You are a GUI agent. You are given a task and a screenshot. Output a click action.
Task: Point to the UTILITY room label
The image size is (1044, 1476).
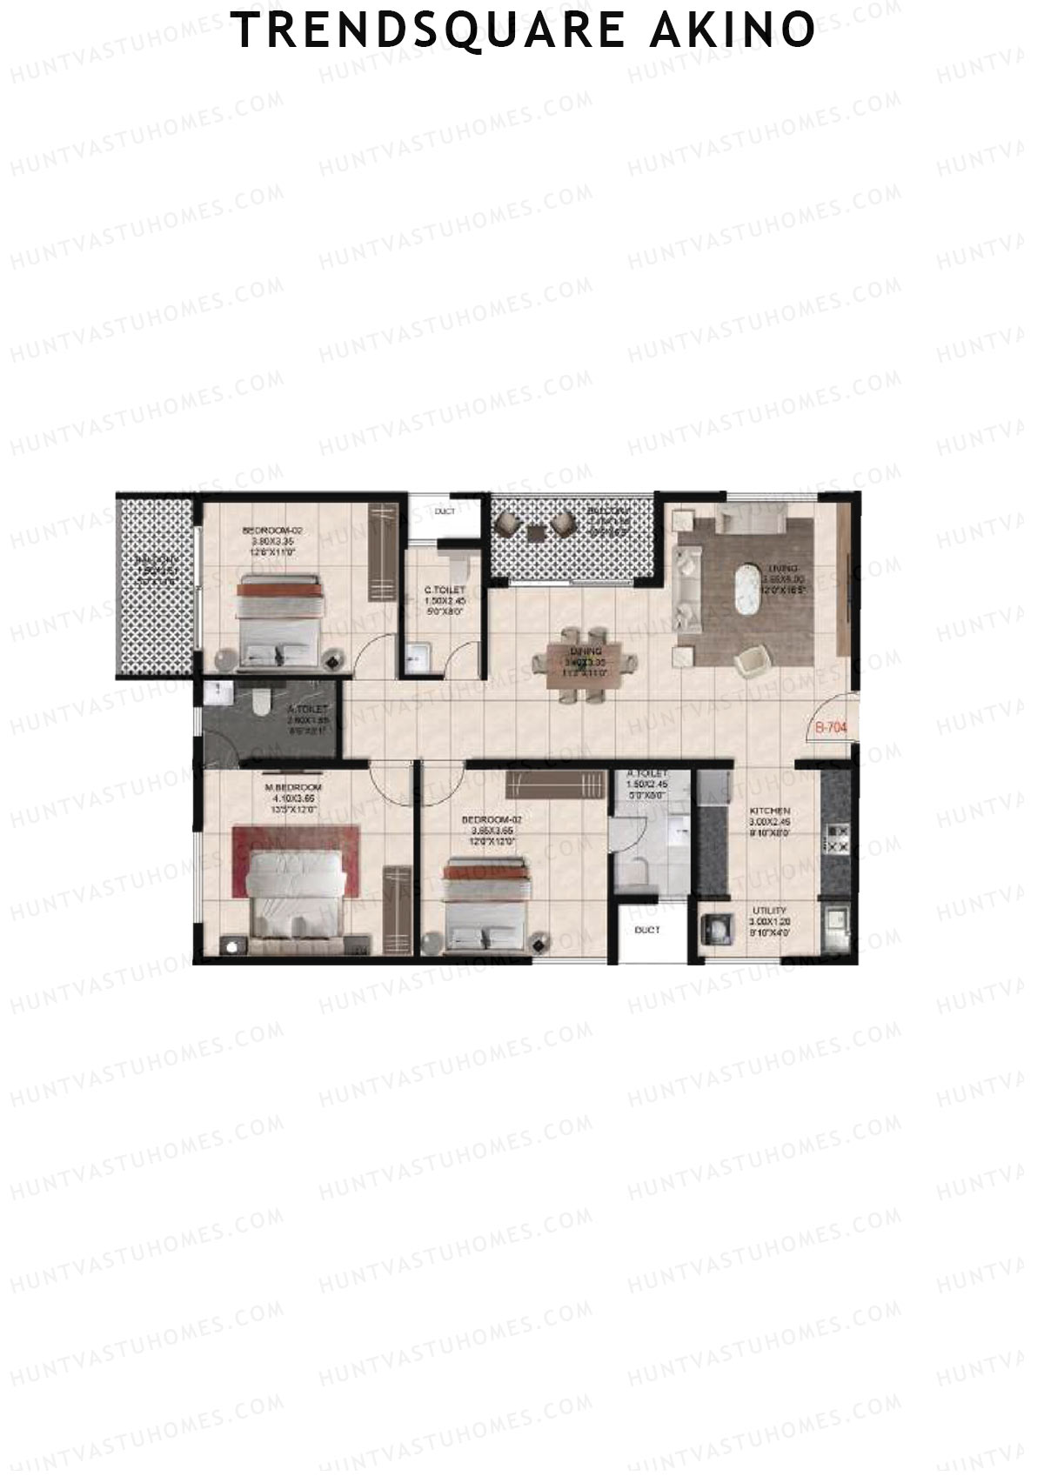tap(769, 911)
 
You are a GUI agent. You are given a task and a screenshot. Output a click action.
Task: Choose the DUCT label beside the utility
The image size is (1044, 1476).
tap(647, 930)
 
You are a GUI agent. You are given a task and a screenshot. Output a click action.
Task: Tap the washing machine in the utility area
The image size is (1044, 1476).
tap(718, 928)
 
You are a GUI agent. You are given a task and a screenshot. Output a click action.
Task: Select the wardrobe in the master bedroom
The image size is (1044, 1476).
tap(397, 909)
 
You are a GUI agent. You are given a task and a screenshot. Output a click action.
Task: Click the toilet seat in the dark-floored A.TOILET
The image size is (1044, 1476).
tap(259, 702)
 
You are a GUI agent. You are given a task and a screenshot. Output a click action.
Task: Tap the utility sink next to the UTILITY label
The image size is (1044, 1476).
tap(839, 920)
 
